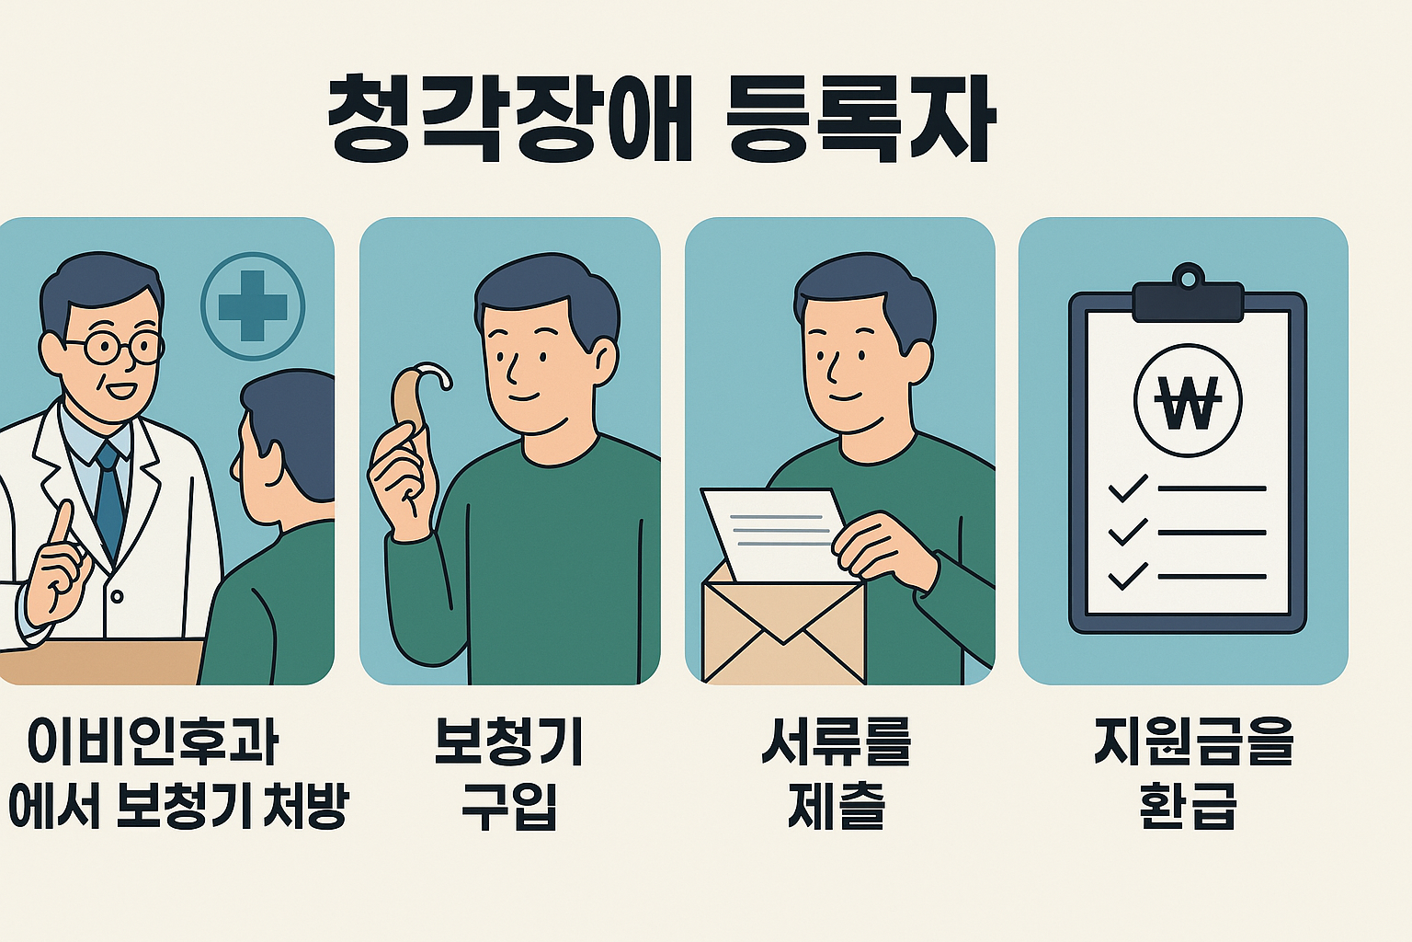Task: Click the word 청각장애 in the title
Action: click(x=509, y=121)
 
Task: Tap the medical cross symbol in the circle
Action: click(x=253, y=305)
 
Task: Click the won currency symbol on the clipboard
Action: click(x=1188, y=402)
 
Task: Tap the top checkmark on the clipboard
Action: click(x=1127, y=488)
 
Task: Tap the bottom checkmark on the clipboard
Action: click(x=1127, y=576)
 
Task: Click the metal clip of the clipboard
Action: click(x=1188, y=296)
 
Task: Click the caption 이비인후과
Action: click(x=153, y=741)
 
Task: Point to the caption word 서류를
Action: click(x=836, y=741)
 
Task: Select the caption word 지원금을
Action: click(x=1193, y=741)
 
